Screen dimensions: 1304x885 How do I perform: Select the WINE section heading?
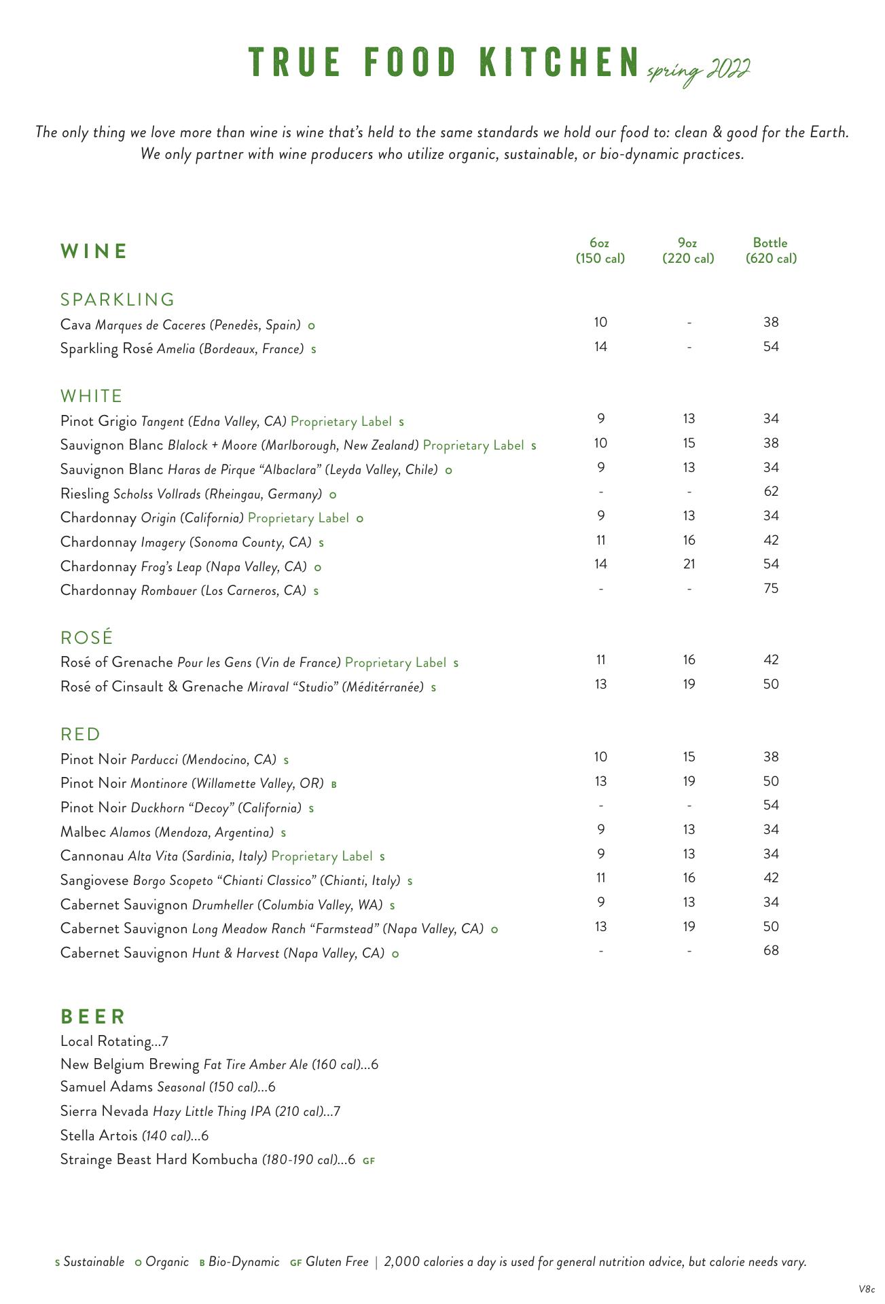94,251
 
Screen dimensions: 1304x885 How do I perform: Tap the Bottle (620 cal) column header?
770,251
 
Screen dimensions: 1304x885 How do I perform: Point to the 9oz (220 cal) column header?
688,251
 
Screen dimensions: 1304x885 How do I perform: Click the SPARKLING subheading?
118,300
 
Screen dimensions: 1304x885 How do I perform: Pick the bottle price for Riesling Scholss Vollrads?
770,492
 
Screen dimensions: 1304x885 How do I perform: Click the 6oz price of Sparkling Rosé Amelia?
600,347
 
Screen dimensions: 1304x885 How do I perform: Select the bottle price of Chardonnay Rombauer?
770,589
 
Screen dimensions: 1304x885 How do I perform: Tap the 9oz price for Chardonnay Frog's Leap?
689,564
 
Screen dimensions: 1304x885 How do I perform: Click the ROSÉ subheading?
86,638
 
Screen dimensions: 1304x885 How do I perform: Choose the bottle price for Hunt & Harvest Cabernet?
770,951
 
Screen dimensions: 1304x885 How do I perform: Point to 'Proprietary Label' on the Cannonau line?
322,856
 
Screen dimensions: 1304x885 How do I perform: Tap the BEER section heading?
93,1017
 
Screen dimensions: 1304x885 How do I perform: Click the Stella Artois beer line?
134,1136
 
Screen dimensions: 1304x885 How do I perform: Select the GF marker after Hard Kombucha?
369,1161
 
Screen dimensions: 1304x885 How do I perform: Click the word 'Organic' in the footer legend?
167,1262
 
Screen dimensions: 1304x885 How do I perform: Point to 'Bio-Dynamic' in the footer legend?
244,1262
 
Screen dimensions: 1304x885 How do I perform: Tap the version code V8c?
866,1288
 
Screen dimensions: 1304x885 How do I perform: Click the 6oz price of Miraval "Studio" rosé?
600,685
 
